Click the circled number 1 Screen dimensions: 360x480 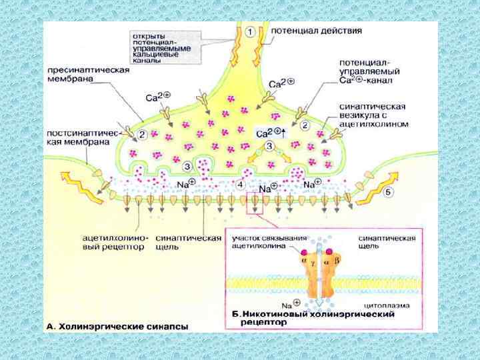pyautogui.click(x=249, y=31)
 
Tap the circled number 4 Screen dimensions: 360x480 pyautogui.click(x=240, y=184)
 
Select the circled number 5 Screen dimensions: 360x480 pyautogui.click(x=389, y=192)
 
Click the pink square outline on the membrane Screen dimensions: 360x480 pyautogui.click(x=255, y=203)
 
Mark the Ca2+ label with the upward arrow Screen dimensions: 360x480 pyautogui.click(x=270, y=133)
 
